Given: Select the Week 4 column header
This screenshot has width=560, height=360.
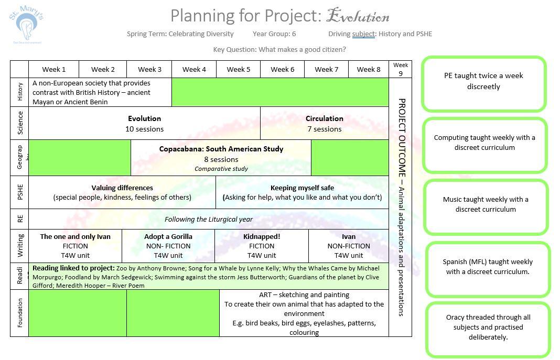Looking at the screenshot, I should (x=194, y=69).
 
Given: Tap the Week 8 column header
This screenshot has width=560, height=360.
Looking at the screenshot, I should (x=369, y=69).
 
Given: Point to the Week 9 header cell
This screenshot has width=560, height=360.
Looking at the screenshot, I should (x=400, y=69).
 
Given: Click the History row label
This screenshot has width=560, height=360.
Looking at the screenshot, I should (x=20, y=92).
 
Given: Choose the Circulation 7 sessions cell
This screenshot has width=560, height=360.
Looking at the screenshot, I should (x=324, y=124).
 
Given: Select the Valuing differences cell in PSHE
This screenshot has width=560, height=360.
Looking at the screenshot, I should (x=122, y=192).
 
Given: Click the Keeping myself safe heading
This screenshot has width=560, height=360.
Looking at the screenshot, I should (x=302, y=188).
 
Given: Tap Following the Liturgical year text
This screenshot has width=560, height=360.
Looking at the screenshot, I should (x=208, y=220).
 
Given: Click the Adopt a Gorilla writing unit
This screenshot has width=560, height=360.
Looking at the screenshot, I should (x=168, y=246).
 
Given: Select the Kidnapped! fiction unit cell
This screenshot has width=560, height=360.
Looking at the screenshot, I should (x=262, y=246).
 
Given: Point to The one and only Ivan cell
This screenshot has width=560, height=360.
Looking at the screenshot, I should (x=76, y=246).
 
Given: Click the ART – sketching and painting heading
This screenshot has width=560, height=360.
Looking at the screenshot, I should (x=304, y=295).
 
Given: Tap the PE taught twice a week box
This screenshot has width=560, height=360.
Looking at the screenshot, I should (x=483, y=82).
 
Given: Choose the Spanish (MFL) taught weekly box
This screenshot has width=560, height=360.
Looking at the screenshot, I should (x=487, y=267).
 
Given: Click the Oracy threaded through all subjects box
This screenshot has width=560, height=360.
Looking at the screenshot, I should (x=488, y=328).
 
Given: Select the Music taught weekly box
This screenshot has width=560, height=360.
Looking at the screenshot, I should (x=486, y=204).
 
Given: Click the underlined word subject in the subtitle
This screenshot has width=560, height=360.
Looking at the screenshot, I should (x=363, y=34).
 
